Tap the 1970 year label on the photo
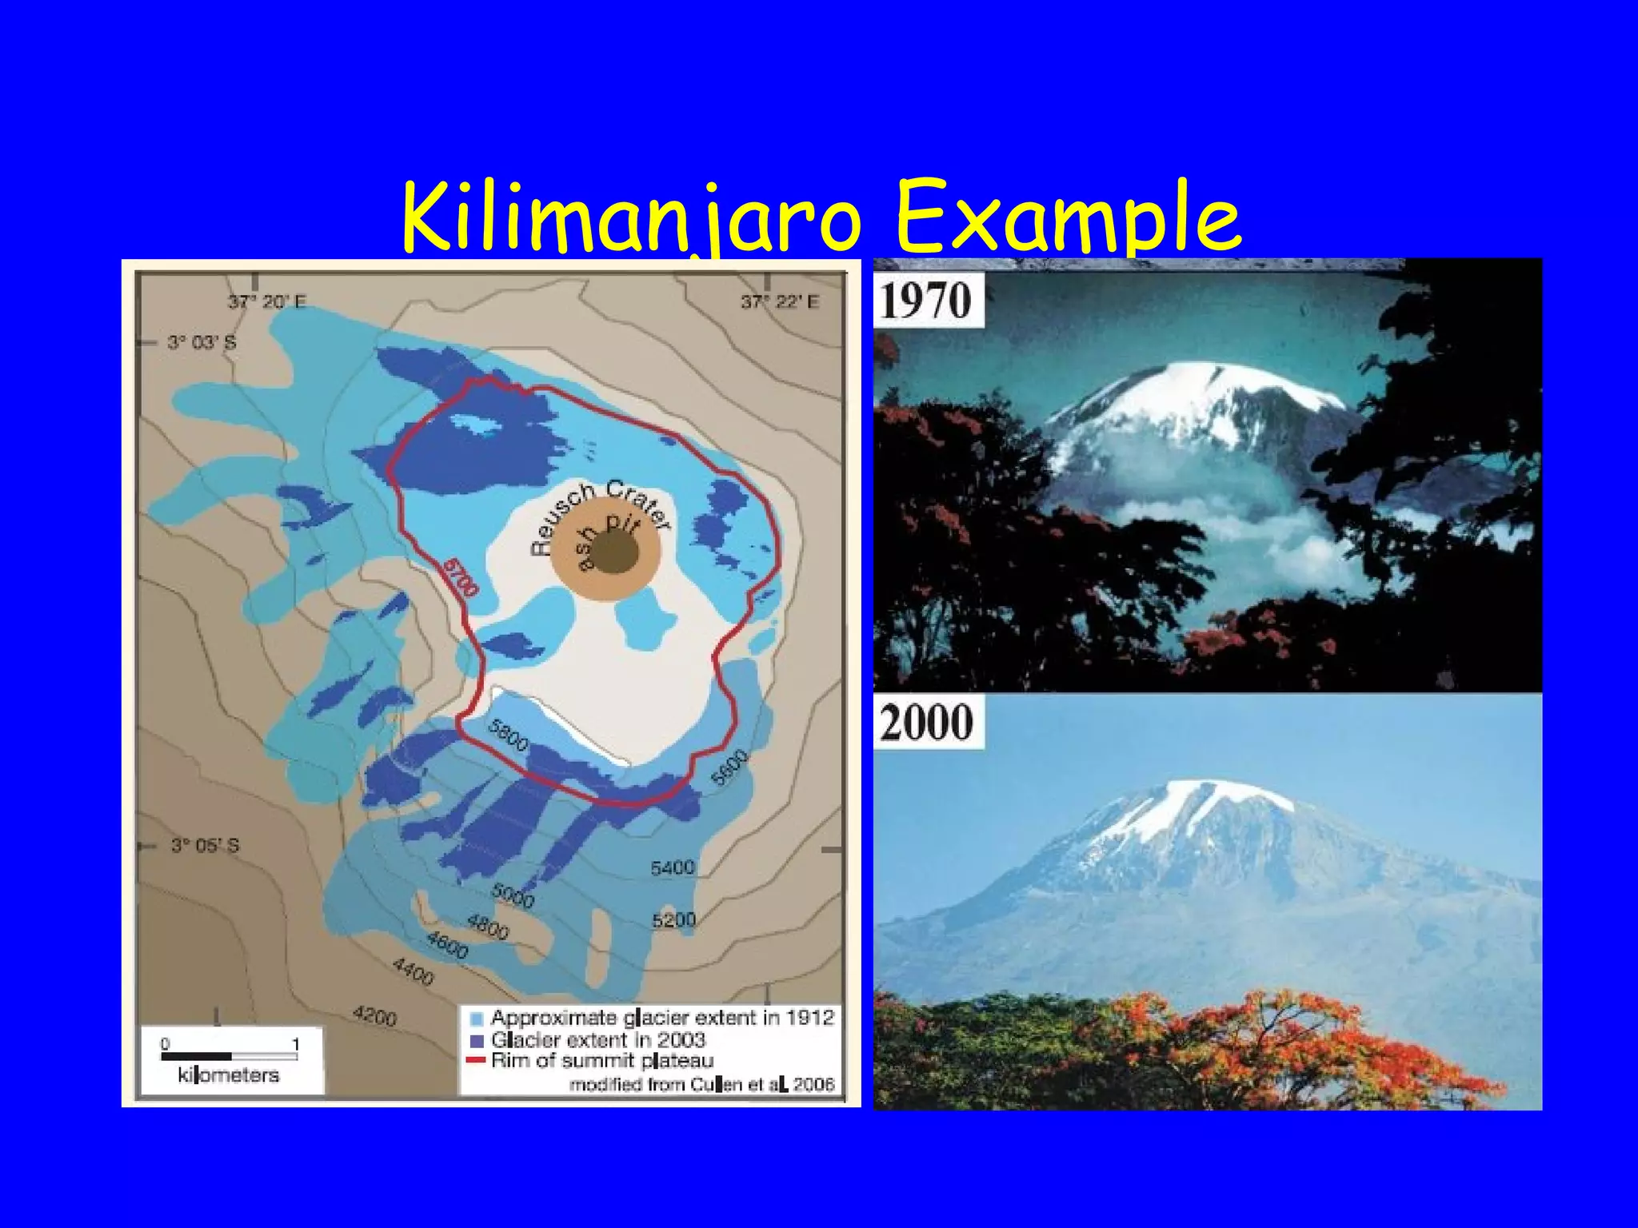tap(927, 301)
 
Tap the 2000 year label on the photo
tap(927, 722)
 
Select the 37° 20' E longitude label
tap(266, 302)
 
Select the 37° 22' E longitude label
tap(779, 302)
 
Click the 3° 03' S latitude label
tap(202, 343)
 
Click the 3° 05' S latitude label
tap(205, 846)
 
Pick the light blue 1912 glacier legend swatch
tap(477, 1019)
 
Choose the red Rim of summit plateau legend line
tap(477, 1061)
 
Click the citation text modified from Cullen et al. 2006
tap(701, 1085)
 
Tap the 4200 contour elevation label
tap(374, 1017)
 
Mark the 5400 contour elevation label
tap(672, 867)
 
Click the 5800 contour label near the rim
tap(509, 736)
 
